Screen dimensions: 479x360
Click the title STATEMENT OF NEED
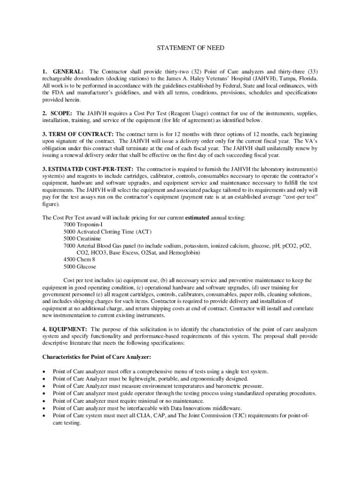[x=180, y=48]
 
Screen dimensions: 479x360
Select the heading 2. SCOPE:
[x=58, y=114]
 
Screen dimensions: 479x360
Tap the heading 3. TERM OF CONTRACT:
[x=78, y=134]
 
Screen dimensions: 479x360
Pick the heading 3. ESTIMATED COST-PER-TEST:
[x=88, y=169]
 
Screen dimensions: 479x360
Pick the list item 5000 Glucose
[x=80, y=267]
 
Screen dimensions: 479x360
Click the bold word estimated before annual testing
[x=197, y=218]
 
